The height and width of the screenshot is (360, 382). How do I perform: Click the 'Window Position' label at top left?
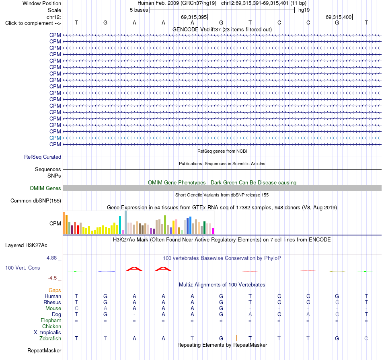(x=42, y=3)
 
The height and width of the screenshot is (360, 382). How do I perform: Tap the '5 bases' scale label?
(x=139, y=10)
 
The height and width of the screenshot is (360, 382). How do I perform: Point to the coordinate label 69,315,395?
(x=194, y=17)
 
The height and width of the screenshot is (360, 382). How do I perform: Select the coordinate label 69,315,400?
(x=339, y=17)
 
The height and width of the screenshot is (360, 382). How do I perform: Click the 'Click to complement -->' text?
(x=33, y=23)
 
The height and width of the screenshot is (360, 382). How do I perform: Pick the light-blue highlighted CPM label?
(x=55, y=138)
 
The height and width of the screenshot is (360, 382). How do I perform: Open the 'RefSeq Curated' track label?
(x=43, y=157)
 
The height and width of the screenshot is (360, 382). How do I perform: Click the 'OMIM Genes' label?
(x=45, y=188)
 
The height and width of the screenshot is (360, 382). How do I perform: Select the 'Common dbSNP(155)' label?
(x=36, y=201)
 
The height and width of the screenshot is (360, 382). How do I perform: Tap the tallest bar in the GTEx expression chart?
(x=126, y=223)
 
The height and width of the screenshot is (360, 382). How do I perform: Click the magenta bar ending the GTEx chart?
(x=213, y=231)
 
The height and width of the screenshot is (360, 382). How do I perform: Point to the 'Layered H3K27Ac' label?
(x=26, y=245)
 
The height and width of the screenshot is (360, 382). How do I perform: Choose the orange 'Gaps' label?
(x=55, y=290)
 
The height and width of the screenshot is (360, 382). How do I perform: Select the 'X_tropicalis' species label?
(x=47, y=333)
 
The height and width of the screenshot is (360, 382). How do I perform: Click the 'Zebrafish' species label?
(x=50, y=339)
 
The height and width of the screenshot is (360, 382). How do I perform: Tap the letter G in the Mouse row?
(x=221, y=309)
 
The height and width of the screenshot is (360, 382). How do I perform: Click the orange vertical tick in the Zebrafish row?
(x=236, y=338)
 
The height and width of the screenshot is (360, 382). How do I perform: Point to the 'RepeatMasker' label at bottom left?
(x=44, y=350)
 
